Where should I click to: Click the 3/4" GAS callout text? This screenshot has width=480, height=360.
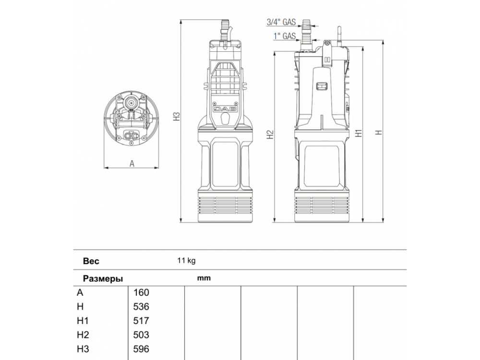pyautogui.click(x=281, y=22)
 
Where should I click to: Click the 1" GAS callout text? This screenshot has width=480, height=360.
pyautogui.click(x=285, y=36)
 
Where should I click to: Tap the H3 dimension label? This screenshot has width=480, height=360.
pyautogui.click(x=177, y=116)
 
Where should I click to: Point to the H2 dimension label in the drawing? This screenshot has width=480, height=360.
pyautogui.click(x=270, y=135)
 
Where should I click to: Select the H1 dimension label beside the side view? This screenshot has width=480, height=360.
pyautogui.click(x=359, y=133)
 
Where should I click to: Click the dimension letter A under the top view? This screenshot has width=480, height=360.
pyautogui.click(x=132, y=164)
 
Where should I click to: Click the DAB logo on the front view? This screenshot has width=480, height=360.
pyautogui.click(x=226, y=109)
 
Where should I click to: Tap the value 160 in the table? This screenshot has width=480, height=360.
pyautogui.click(x=141, y=293)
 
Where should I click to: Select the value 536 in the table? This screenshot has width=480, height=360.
pyautogui.click(x=141, y=307)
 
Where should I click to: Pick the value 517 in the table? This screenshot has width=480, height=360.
pyautogui.click(x=141, y=321)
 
